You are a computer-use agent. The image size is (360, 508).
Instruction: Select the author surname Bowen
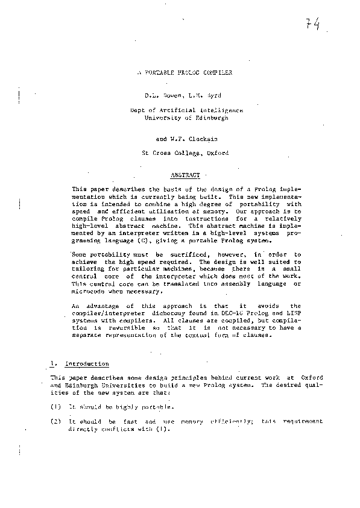point(171,96)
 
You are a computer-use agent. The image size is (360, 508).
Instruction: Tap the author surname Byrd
point(208,96)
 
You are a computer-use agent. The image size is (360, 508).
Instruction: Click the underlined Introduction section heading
point(86,364)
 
